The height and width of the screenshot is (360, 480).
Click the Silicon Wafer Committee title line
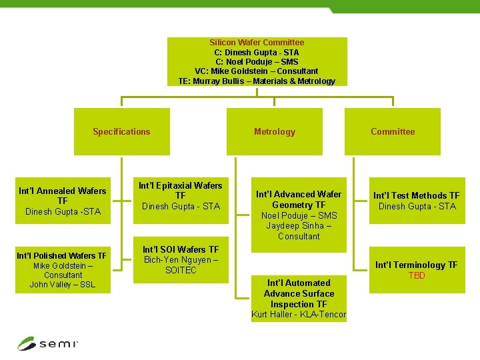[257, 43]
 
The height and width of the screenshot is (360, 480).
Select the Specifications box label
[121, 132]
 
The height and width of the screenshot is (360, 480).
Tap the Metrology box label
[274, 132]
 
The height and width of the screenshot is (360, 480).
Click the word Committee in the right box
[393, 132]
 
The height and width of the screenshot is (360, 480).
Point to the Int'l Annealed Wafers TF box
[63, 201]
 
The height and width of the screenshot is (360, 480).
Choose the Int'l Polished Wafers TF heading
[61, 255]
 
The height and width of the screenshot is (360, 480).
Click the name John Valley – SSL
[63, 285]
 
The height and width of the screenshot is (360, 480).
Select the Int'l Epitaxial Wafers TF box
[180, 195]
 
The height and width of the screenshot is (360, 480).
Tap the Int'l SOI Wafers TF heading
[181, 249]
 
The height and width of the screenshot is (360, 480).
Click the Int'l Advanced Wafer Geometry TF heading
[299, 199]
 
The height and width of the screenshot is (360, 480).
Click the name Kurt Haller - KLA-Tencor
[299, 315]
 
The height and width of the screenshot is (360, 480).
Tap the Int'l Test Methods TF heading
[417, 195]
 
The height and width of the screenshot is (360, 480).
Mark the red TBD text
[417, 275]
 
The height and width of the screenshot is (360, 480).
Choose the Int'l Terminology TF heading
[417, 265]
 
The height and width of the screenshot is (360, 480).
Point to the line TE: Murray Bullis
[257, 81]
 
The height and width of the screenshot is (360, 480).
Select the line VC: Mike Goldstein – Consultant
[257, 71]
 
